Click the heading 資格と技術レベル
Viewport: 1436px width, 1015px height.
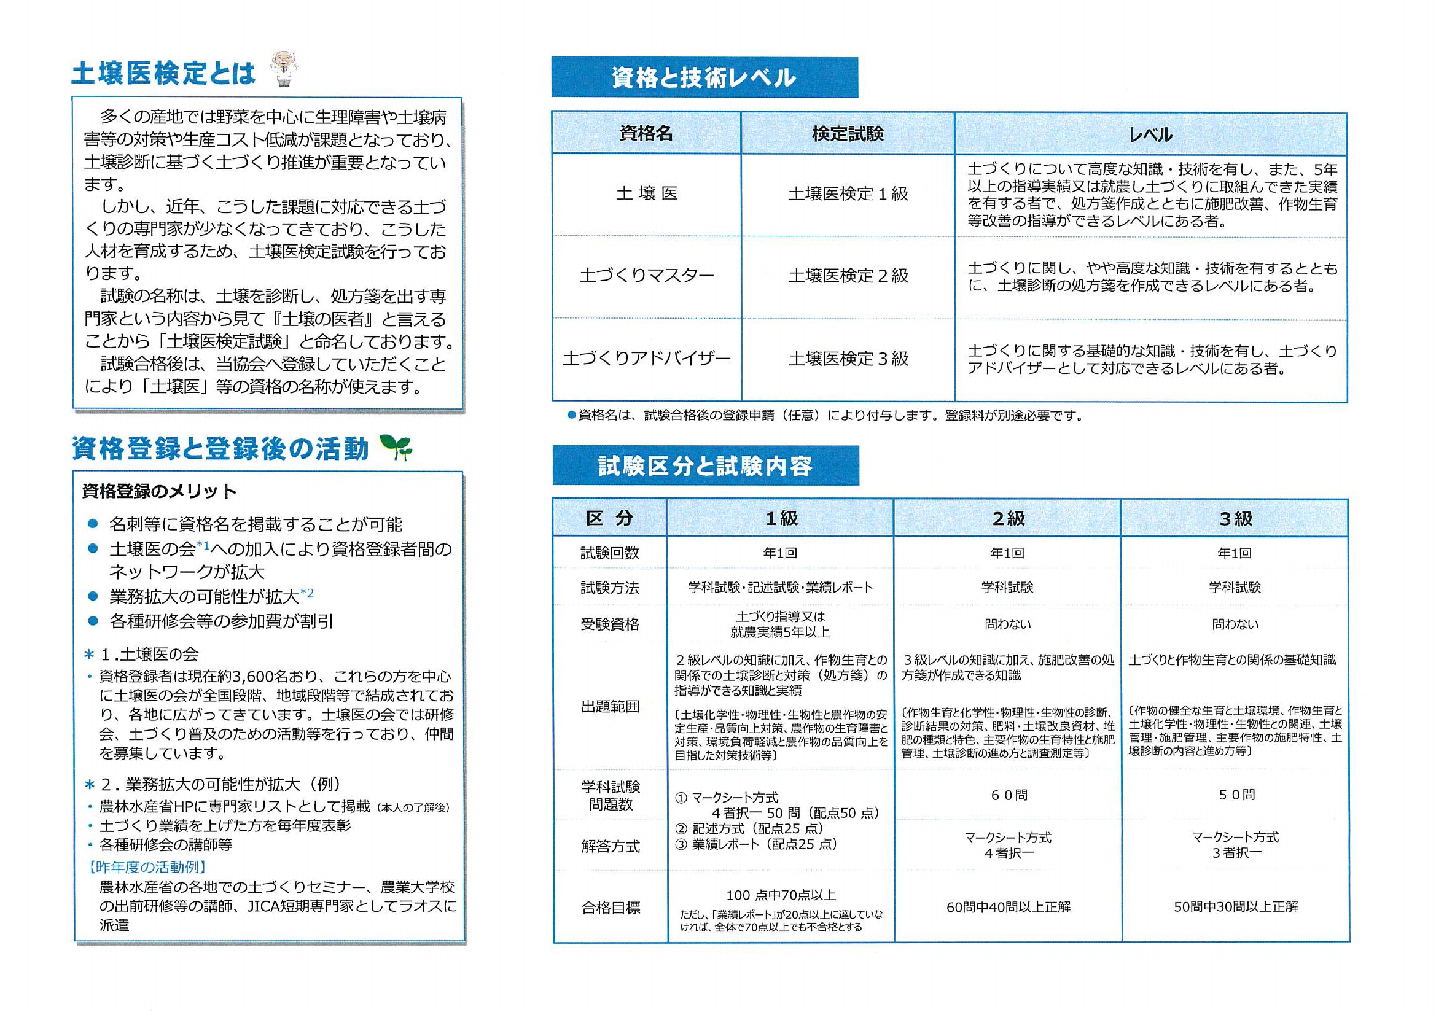point(704,78)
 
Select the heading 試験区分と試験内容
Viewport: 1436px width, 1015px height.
point(705,466)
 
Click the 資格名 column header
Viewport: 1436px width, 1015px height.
point(646,134)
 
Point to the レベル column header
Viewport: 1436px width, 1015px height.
point(1150,134)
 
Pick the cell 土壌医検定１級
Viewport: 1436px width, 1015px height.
point(848,194)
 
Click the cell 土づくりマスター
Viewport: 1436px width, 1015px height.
point(646,276)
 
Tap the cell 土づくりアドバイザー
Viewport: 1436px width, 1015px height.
point(646,359)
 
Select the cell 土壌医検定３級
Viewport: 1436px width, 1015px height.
point(848,359)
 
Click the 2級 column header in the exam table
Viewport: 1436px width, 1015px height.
point(1008,518)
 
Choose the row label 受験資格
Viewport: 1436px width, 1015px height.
point(610,624)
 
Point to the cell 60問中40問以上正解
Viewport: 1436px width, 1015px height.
point(1008,907)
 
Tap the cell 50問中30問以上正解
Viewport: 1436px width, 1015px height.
point(1235,907)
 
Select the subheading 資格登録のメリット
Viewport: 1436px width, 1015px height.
point(160,492)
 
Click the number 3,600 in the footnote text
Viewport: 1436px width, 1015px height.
point(254,677)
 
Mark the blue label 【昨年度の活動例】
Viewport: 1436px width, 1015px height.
point(148,868)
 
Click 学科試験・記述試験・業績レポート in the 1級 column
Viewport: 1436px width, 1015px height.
point(780,588)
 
